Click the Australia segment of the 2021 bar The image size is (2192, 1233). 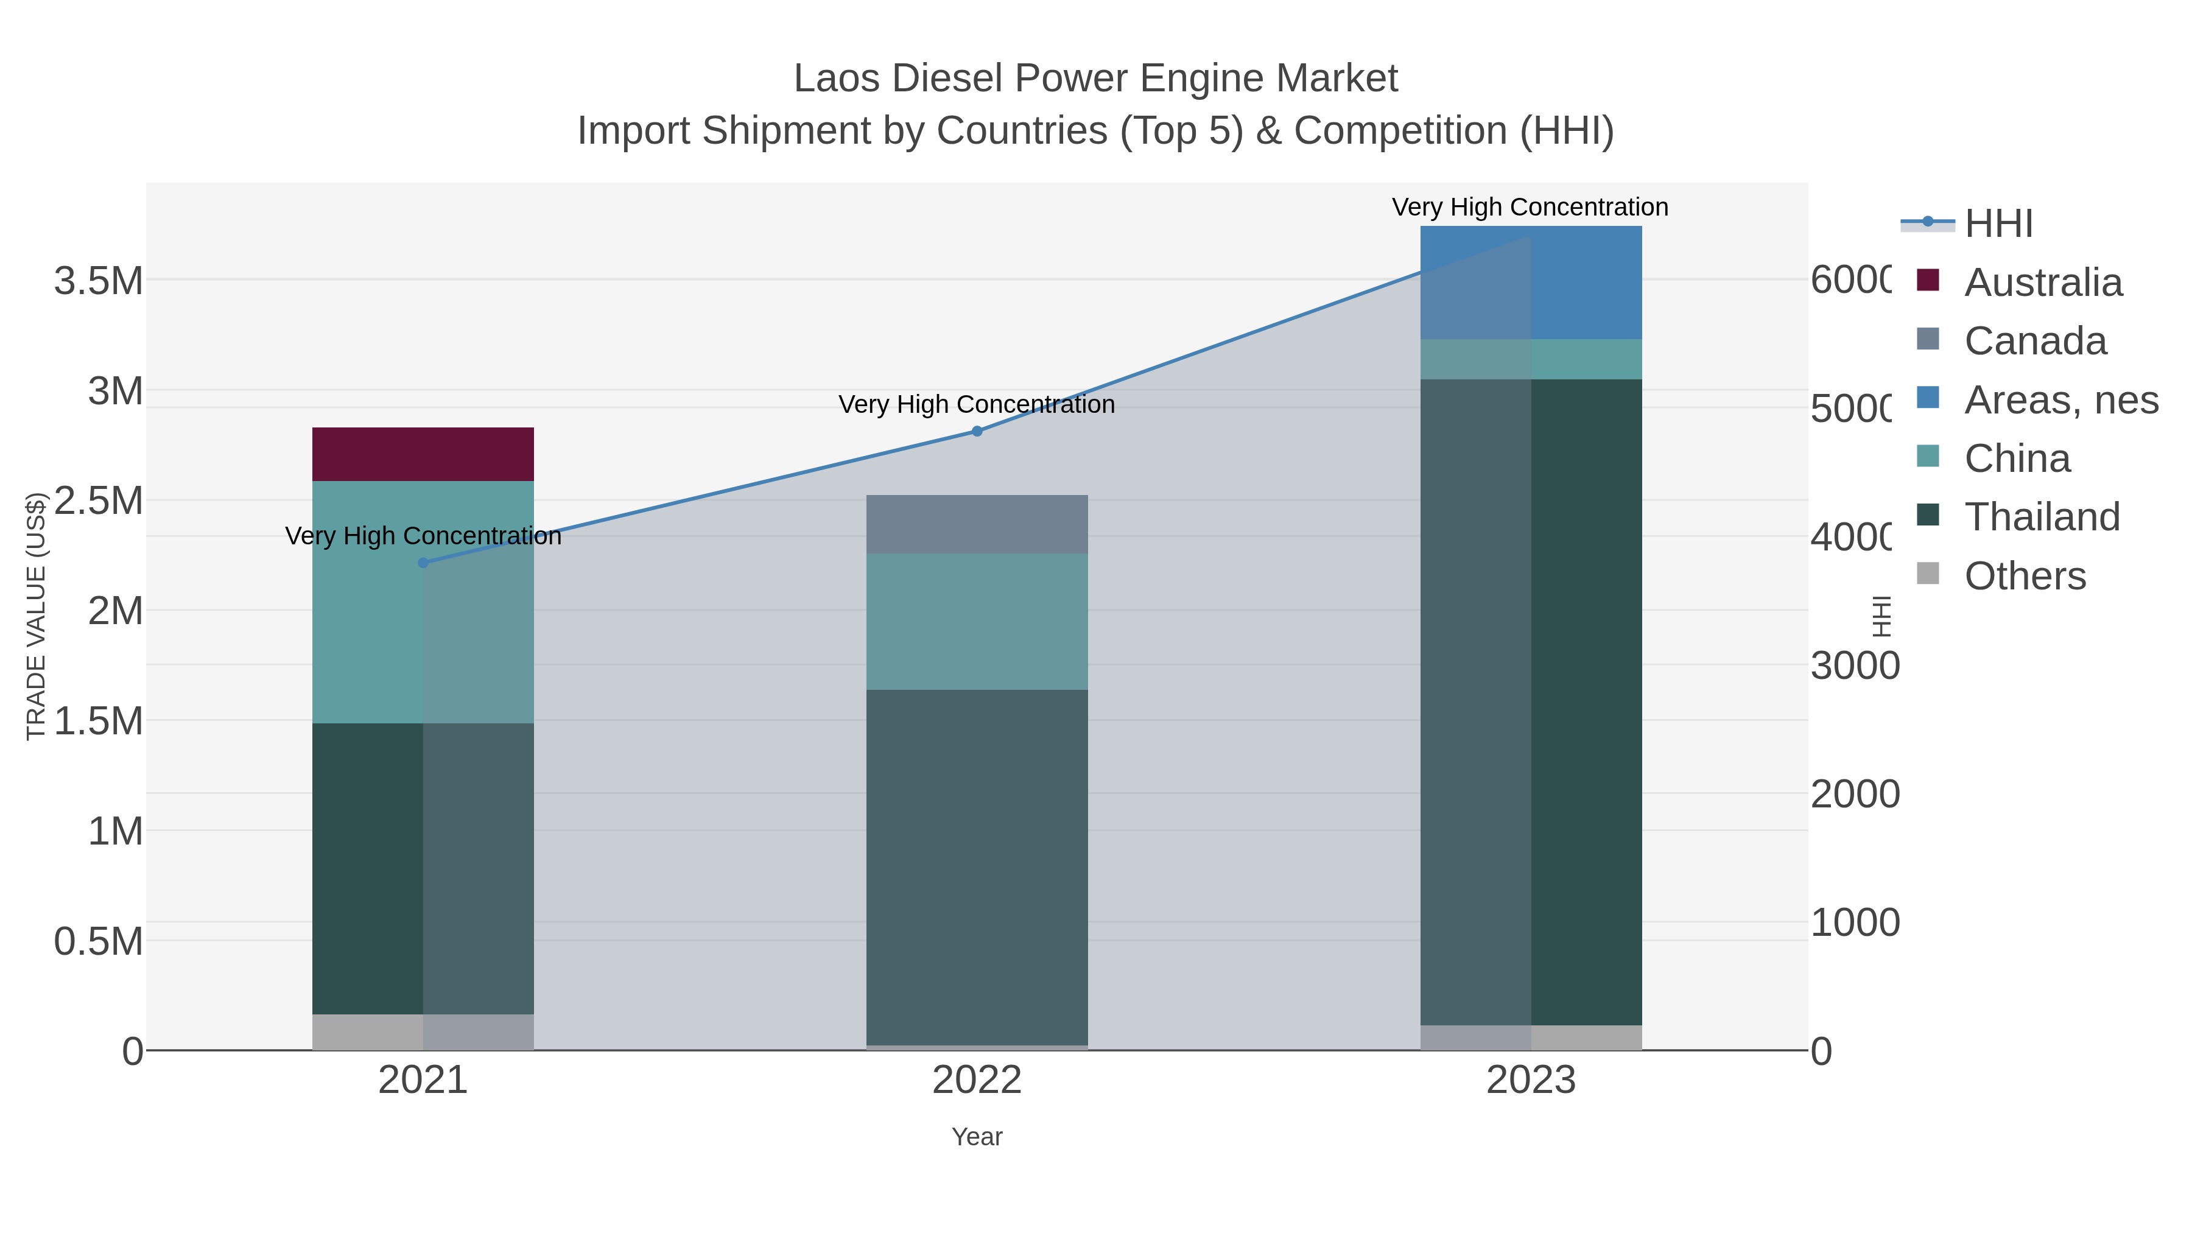click(x=423, y=454)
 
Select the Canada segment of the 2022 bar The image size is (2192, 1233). click(x=977, y=524)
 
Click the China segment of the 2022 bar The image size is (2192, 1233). click(x=977, y=621)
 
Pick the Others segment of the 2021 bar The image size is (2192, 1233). click(x=423, y=1031)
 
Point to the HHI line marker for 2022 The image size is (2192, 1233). click(x=977, y=432)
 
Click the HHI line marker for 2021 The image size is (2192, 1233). click(x=423, y=563)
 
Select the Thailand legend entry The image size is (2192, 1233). click(x=2042, y=516)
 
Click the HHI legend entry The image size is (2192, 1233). click(x=1998, y=223)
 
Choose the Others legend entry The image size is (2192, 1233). click(x=2025, y=575)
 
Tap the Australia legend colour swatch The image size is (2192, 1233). click(x=1928, y=280)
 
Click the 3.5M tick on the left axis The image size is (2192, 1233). click(x=98, y=281)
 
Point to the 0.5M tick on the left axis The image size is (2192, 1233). click(x=98, y=941)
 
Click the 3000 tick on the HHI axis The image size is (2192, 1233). click(x=1854, y=666)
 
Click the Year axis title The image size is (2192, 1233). click(x=977, y=1137)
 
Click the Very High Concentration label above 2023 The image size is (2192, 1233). click(x=1530, y=207)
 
